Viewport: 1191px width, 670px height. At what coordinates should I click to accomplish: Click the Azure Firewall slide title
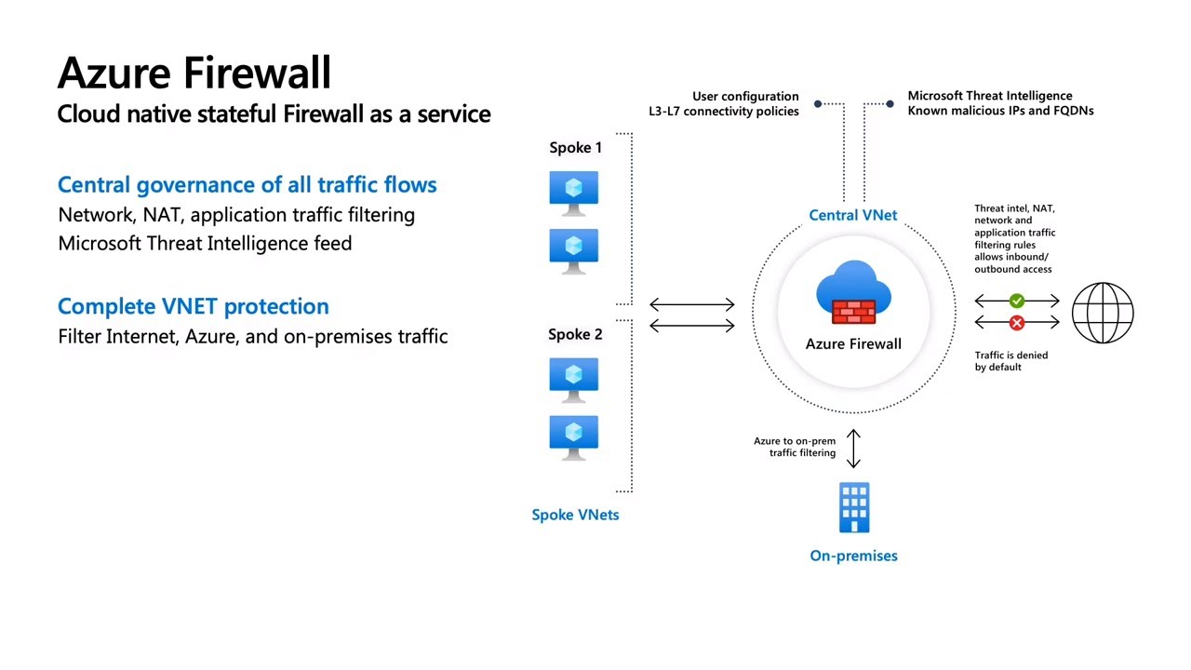(x=194, y=73)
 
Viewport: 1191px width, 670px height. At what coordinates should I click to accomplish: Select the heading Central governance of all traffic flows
(x=247, y=184)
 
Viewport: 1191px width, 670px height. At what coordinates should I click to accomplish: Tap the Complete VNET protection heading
(x=193, y=306)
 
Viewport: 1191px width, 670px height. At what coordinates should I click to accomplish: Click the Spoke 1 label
(x=575, y=147)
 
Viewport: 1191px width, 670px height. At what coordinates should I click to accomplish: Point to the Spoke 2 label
(x=575, y=334)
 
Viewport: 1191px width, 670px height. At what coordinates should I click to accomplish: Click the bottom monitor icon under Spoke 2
(x=573, y=436)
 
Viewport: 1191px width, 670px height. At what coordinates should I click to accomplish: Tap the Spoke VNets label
(x=575, y=515)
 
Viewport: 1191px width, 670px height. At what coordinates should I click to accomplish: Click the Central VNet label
(x=852, y=215)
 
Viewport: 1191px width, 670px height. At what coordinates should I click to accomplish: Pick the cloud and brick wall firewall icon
(x=853, y=292)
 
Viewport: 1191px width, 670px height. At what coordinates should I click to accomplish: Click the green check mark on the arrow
(x=1017, y=301)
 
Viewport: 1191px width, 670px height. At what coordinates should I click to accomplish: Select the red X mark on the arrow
(x=1017, y=322)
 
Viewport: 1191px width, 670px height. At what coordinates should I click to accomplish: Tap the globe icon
(x=1103, y=313)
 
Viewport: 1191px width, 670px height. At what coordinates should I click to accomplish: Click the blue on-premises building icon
(x=853, y=508)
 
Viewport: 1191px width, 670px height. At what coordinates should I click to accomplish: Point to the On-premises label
(x=853, y=556)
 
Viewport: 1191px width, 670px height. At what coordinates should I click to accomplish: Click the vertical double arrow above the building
(x=853, y=448)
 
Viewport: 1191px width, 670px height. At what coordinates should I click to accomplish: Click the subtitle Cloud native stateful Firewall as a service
(x=274, y=114)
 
